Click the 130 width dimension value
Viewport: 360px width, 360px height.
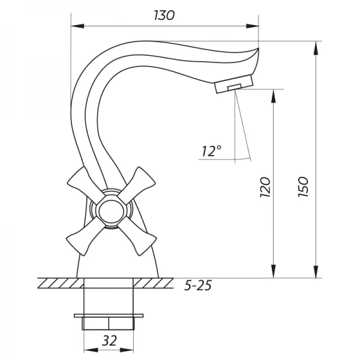163,16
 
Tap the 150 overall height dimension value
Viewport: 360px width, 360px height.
303,188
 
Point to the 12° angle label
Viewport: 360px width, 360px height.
211,152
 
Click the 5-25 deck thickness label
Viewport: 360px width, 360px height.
197,285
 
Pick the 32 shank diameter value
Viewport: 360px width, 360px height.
109,341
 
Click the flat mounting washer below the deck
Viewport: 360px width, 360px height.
109,315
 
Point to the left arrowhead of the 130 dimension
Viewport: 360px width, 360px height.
74,26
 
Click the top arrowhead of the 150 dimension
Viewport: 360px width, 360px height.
316,45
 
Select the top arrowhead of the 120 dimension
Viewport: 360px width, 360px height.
275,93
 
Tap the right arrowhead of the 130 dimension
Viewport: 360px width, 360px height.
254,26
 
